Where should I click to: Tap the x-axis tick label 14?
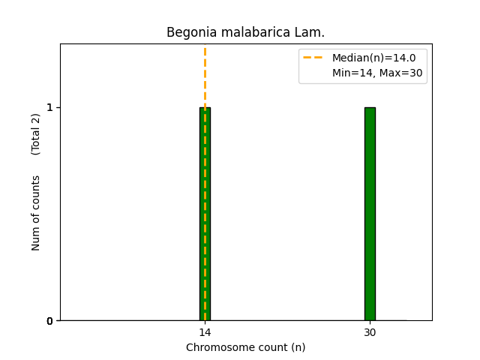tap(205, 333)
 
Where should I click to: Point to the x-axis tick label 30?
tap(370, 333)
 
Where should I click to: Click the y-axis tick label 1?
tap(50, 107)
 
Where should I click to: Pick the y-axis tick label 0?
tap(50, 321)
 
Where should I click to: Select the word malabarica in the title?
tap(247, 32)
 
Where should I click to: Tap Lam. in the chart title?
tap(310, 32)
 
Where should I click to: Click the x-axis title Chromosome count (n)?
tap(245, 347)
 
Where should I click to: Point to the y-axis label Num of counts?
tap(36, 212)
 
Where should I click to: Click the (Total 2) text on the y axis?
tap(36, 134)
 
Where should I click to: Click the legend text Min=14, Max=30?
tap(377, 73)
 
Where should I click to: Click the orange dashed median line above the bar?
tap(205, 75)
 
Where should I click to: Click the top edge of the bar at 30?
tap(370, 107)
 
